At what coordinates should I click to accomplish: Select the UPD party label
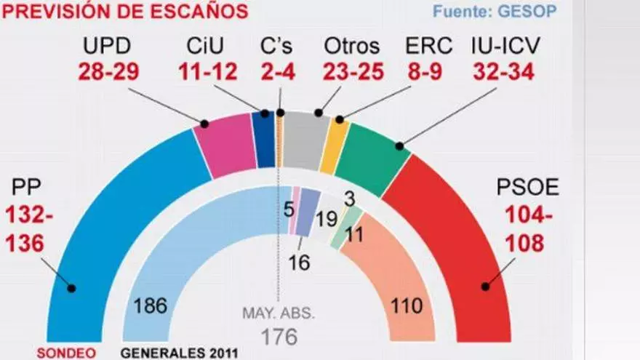click(x=106, y=47)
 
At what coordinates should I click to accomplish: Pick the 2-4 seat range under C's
click(x=276, y=72)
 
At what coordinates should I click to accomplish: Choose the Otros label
click(x=351, y=47)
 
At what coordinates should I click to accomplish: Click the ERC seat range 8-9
click(x=428, y=72)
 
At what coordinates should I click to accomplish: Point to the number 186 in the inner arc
click(x=151, y=306)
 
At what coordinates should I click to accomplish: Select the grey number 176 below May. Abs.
click(x=279, y=337)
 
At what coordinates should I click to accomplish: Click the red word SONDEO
click(x=71, y=353)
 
